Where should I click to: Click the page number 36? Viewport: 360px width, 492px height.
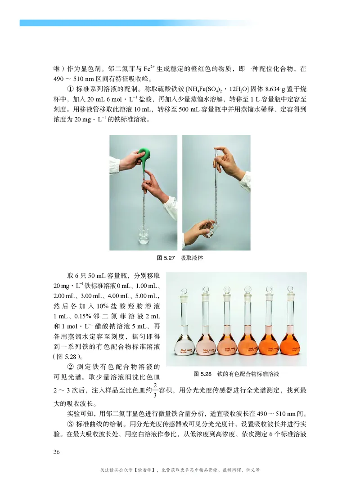[57, 452]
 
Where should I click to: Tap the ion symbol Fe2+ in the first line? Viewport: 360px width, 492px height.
[137, 69]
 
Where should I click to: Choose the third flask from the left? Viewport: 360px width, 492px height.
[227, 342]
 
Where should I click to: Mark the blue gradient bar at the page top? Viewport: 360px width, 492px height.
[135, 22]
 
